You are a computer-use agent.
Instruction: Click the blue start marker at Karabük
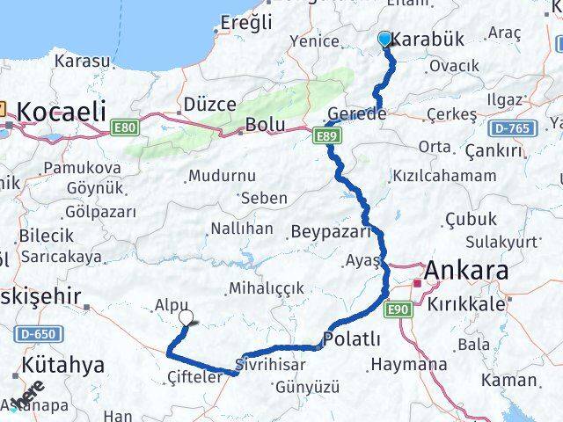pyautogui.click(x=384, y=39)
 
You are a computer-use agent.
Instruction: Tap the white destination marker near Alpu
pyautogui.click(x=186, y=318)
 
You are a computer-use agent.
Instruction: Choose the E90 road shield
pyautogui.click(x=398, y=305)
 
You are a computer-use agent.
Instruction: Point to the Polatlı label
pyautogui.click(x=352, y=338)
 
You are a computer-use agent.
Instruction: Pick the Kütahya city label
pyautogui.click(x=63, y=364)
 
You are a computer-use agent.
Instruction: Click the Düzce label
pyautogui.click(x=209, y=104)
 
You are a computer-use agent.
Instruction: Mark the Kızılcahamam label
pyautogui.click(x=445, y=176)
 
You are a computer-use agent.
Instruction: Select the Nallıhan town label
pyautogui.click(x=242, y=229)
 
